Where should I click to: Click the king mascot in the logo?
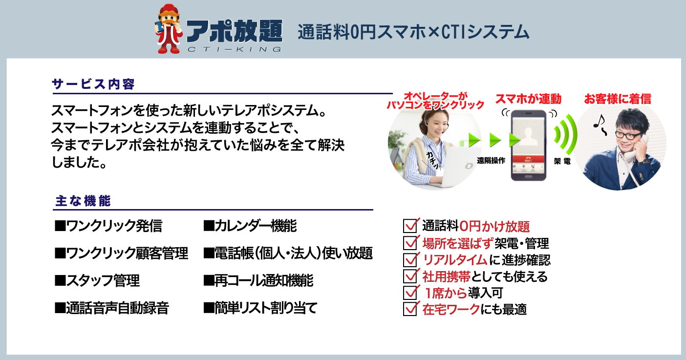point(169,29)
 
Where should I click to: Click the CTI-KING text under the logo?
point(234,49)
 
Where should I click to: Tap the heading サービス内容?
point(93,84)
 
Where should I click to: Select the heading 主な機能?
point(83,201)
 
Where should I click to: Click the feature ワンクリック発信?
point(108,226)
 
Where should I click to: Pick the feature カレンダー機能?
point(250,226)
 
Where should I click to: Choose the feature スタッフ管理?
point(97,280)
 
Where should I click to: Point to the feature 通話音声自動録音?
point(112,308)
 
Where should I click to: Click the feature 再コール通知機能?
point(258,280)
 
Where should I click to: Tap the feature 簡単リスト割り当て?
point(260,308)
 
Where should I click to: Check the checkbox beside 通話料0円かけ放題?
point(411,225)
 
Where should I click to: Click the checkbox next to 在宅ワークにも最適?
point(411,309)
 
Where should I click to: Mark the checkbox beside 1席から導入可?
point(411,292)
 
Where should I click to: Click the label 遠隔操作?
point(491,160)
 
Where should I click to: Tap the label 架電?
point(562,161)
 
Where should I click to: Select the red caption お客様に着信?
point(618,99)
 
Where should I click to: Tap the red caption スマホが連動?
point(528,99)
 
